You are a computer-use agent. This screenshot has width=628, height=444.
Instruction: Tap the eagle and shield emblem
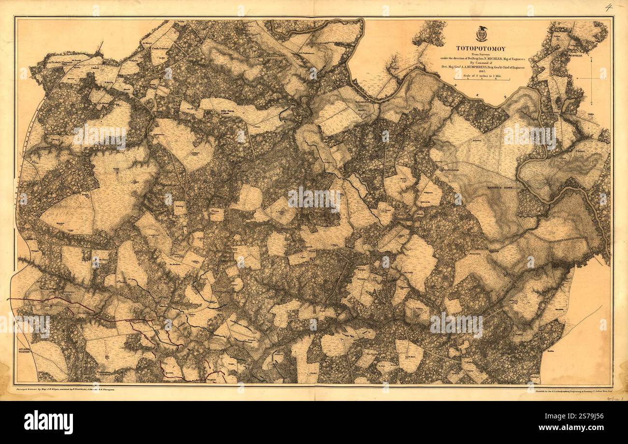coord(481,34)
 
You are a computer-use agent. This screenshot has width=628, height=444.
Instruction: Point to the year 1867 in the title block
coord(481,74)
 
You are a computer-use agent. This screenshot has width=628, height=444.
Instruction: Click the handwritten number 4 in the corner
coord(608,7)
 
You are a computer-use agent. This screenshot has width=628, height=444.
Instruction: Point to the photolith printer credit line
coord(570,388)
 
